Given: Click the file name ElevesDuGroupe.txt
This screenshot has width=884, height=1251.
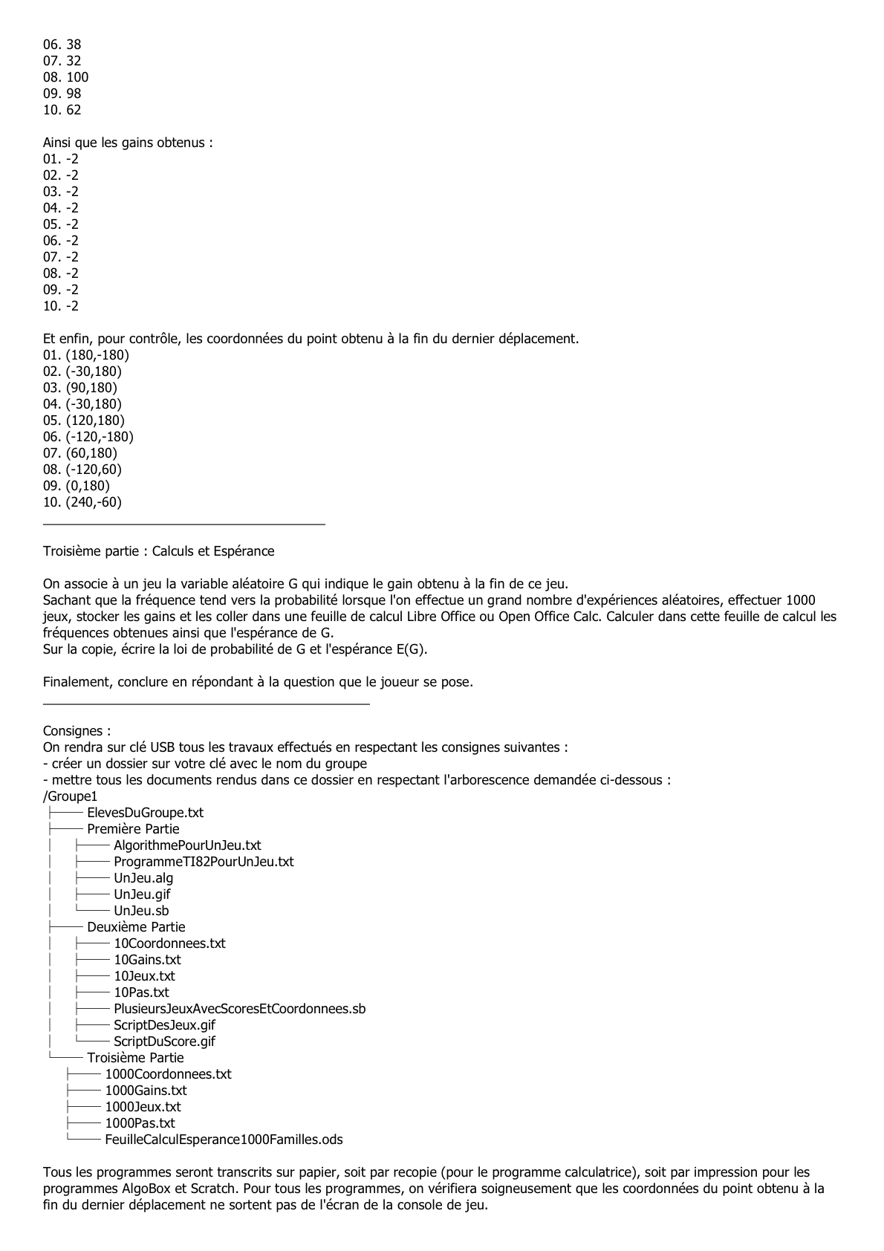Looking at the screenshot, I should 145,813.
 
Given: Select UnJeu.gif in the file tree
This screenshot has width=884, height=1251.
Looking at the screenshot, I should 142,894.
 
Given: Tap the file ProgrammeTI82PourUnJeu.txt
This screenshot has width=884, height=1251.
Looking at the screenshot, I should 204,862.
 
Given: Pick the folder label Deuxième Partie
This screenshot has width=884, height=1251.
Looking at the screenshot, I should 136,927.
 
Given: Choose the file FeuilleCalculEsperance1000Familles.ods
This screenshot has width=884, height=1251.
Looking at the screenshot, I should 224,1140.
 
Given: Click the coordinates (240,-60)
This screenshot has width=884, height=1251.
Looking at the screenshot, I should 94,502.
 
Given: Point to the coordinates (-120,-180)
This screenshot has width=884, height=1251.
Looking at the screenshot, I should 100,437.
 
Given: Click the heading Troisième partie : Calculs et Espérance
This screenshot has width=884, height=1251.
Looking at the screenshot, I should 158,551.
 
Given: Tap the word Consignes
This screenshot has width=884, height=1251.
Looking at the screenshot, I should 75,731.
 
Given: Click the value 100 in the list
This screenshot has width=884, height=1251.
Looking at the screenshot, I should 77,77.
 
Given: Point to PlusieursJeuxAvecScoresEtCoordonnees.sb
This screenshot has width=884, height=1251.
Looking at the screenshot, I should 239,1009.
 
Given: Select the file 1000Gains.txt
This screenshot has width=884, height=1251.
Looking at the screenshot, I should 146,1091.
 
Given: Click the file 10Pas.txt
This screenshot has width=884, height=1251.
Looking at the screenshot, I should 141,992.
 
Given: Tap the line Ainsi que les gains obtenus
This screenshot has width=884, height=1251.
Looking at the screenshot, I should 128,143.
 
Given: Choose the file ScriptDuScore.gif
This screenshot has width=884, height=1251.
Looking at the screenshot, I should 164,1042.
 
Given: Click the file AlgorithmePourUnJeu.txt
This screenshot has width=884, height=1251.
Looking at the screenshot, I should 187,845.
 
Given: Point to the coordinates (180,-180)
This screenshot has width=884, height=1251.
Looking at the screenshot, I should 97,355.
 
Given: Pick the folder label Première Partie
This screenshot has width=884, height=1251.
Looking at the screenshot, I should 133,829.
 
